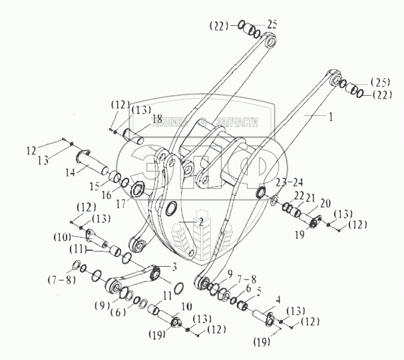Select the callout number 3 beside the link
point(174,267)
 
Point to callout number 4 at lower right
point(278,300)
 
